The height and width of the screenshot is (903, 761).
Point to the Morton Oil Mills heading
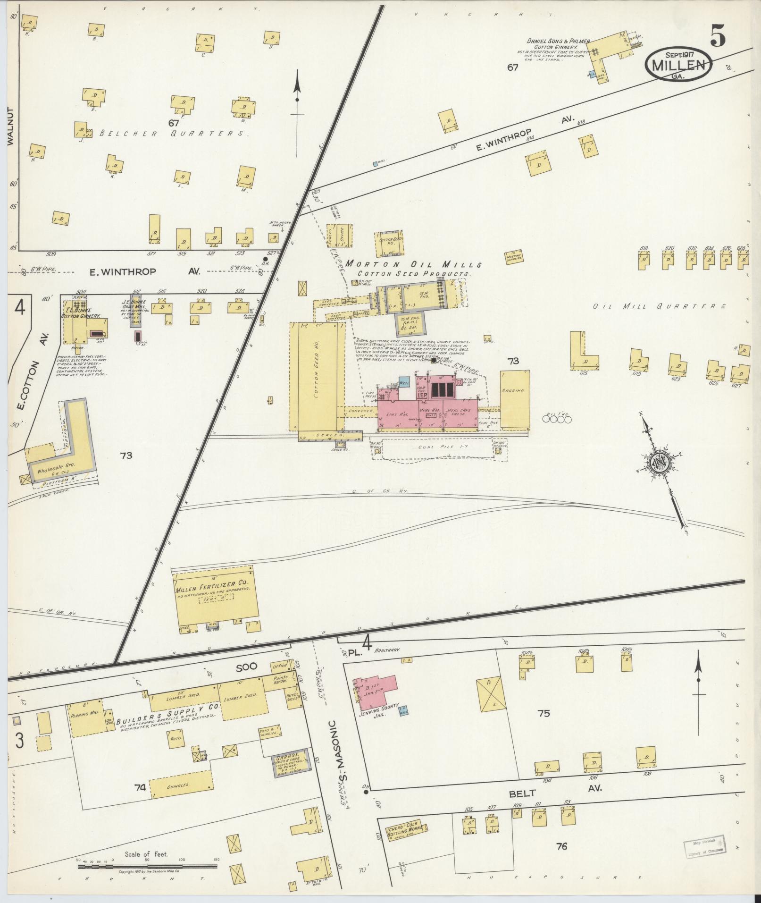[x=413, y=264]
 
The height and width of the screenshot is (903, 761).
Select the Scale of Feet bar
[x=146, y=867]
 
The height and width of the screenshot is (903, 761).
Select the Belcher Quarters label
[x=174, y=134]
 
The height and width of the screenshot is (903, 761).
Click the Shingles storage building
[x=180, y=785]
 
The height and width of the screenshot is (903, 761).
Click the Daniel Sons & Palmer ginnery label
[x=558, y=44]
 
